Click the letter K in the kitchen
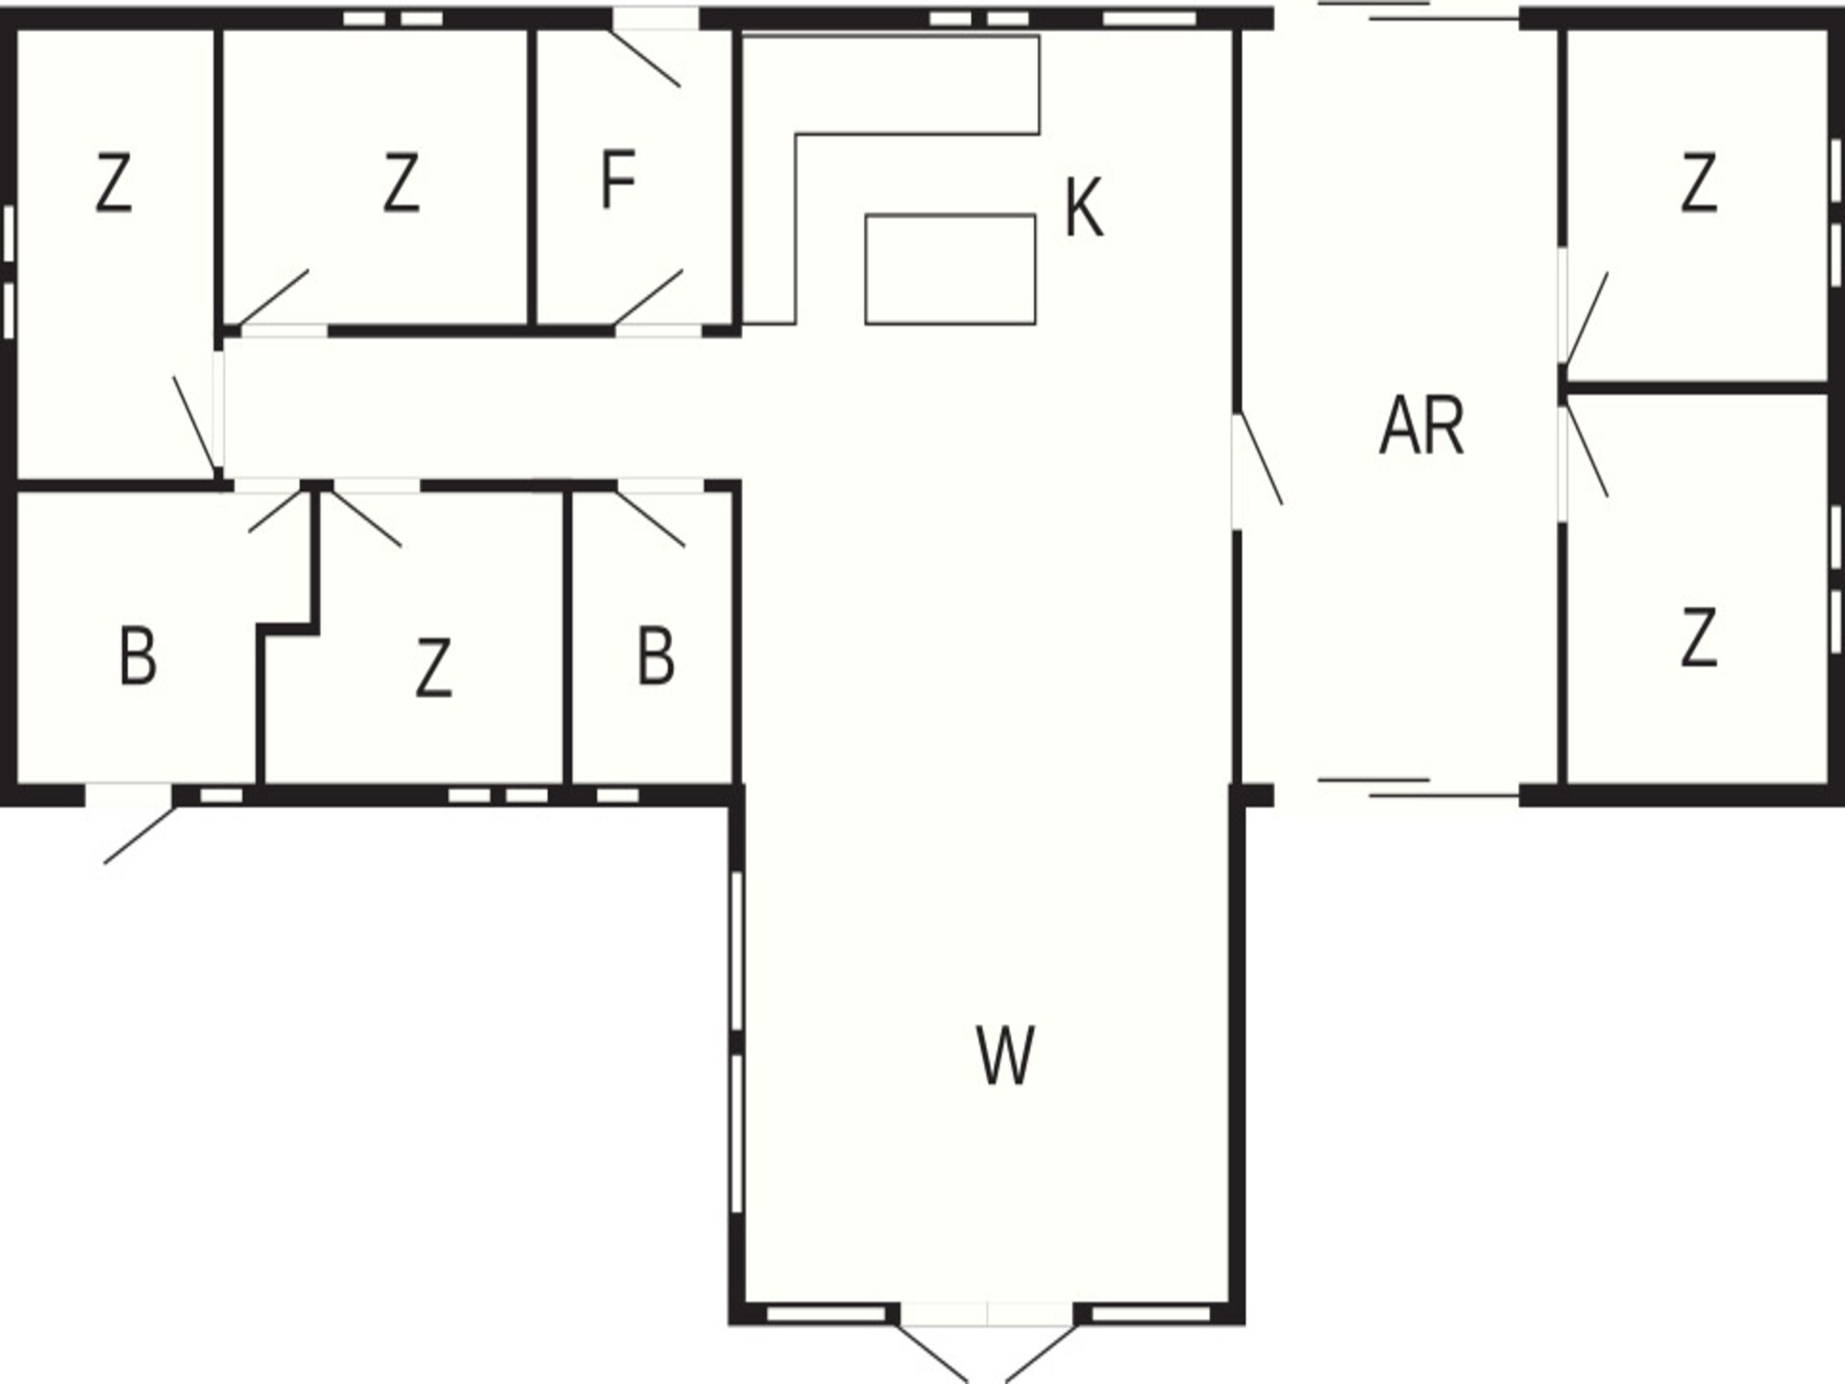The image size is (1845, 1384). (1084, 208)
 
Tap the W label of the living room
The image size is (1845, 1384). (1005, 1055)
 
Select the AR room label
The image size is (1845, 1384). (1421, 426)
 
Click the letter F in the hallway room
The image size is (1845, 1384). (618, 180)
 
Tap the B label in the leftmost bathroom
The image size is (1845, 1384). (137, 656)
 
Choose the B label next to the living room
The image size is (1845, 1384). (655, 656)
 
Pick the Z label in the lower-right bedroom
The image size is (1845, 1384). (1699, 637)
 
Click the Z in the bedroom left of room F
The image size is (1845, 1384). (401, 183)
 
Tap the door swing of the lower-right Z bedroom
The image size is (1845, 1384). (1587, 452)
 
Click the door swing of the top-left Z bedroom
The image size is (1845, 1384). (194, 425)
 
